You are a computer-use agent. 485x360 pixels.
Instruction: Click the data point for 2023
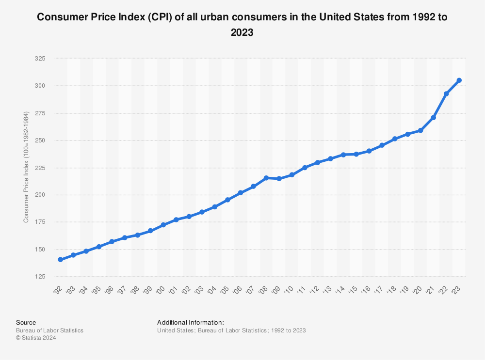coord(459,80)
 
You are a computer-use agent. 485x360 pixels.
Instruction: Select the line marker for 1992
coord(60,260)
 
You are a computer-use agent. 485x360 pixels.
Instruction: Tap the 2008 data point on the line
coord(266,178)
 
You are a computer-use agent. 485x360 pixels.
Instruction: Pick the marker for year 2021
coord(433,118)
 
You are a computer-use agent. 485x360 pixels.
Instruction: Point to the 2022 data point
coord(446,94)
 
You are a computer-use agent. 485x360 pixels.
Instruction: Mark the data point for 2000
coord(163,225)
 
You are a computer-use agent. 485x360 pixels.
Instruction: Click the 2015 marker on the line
coord(356,154)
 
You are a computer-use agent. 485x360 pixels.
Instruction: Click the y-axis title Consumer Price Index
coord(26,168)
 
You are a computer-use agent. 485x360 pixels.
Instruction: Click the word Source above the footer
coord(26,322)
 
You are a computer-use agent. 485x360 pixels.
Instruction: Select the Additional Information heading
coord(191,322)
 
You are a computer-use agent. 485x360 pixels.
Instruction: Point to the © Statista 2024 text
coord(36,338)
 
